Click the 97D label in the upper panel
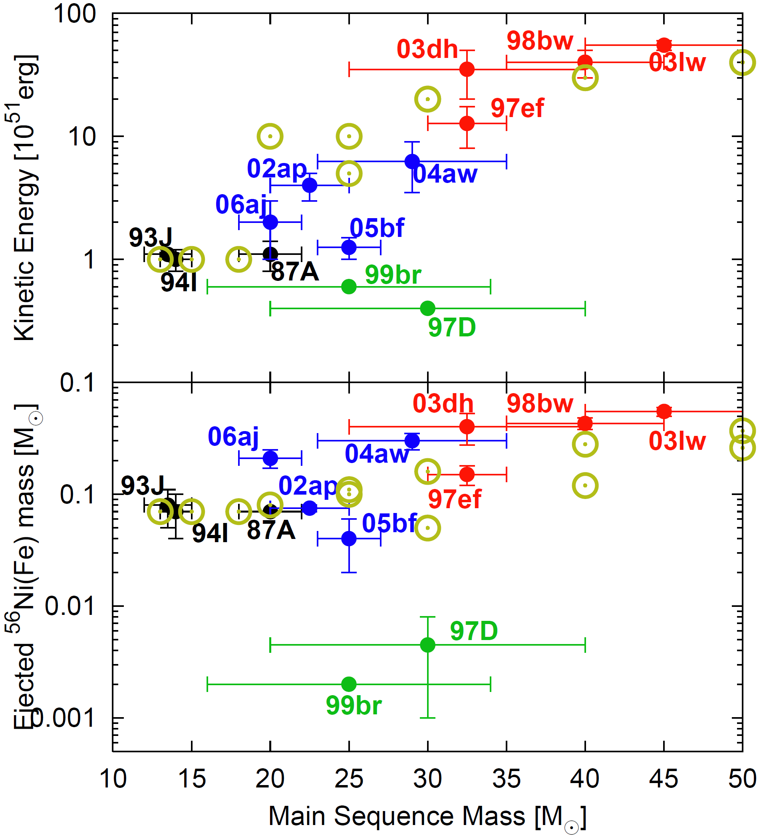(451, 328)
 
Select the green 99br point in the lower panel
(349, 684)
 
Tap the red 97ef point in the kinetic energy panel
(467, 123)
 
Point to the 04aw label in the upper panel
(445, 174)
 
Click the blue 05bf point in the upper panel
(349, 247)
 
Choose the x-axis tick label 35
(506, 779)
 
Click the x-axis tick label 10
(113, 779)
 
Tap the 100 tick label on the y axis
(75, 14)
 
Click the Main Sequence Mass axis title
(427, 817)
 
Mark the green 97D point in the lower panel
(427, 645)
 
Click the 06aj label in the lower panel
(233, 437)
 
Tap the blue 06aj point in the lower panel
(270, 459)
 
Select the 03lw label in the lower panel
(677, 441)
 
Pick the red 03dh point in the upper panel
(467, 69)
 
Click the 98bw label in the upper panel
(540, 41)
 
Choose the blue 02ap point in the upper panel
(309, 185)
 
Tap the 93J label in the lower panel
(143, 485)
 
